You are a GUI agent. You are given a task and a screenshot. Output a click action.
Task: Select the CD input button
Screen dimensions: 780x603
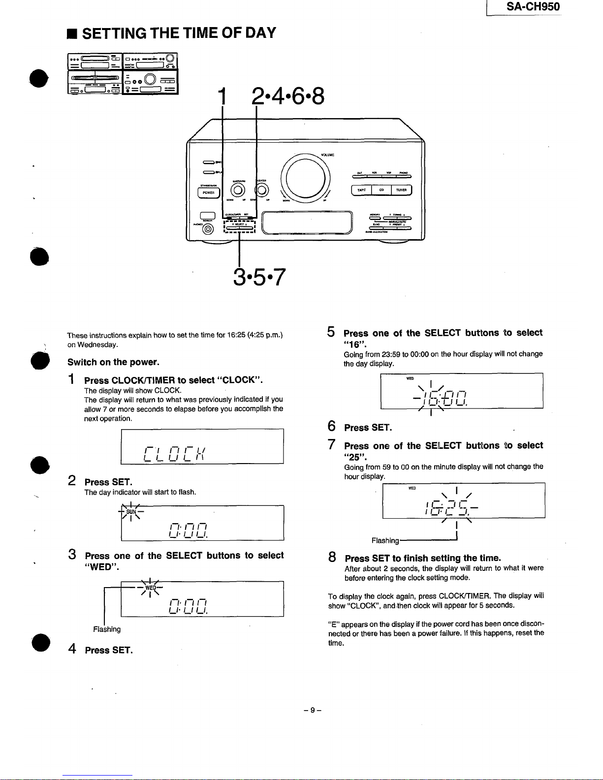pyautogui.click(x=381, y=190)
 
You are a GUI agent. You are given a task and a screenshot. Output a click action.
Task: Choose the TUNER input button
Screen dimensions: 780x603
pyautogui.click(x=401, y=190)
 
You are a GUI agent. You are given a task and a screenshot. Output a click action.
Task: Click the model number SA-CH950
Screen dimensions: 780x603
pyautogui.click(x=533, y=7)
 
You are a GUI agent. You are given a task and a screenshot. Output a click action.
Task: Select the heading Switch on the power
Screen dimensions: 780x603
pyautogui.click(x=113, y=363)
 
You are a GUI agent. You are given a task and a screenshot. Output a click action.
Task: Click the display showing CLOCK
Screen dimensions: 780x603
pyautogui.click(x=202, y=446)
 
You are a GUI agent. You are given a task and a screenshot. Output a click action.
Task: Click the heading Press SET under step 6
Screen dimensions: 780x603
pyautogui.click(x=368, y=428)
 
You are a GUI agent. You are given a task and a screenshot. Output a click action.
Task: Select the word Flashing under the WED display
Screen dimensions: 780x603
pyautogui.click(x=107, y=629)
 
